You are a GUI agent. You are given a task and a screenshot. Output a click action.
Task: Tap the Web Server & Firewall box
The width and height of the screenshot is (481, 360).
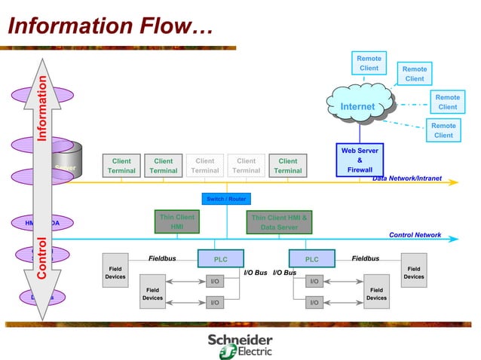360,160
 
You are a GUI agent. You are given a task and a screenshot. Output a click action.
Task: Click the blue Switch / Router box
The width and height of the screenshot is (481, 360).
225,199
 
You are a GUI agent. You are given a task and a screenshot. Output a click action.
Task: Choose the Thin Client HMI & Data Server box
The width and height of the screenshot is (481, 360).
279,221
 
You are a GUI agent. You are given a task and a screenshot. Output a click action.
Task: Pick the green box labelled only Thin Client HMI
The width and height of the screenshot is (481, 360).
176,221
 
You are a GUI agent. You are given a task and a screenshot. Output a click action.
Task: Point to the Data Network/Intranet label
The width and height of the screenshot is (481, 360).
407,178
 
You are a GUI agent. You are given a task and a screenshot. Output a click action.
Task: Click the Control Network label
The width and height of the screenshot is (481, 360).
415,235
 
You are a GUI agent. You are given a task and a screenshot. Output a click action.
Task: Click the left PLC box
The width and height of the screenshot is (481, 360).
221,259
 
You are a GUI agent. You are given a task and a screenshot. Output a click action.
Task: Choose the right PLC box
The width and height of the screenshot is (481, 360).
311,259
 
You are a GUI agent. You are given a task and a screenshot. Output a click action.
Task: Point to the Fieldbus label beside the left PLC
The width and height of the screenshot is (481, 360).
162,258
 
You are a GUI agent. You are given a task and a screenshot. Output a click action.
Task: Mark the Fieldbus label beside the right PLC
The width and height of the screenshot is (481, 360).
366,258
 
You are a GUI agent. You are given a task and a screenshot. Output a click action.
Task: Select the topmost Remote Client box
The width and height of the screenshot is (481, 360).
369,63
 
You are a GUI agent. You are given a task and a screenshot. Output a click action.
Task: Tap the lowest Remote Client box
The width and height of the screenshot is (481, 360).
443,130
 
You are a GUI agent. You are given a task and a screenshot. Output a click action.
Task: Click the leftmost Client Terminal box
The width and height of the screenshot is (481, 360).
121,166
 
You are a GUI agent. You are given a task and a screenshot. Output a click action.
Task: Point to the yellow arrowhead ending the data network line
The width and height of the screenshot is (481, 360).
455,182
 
